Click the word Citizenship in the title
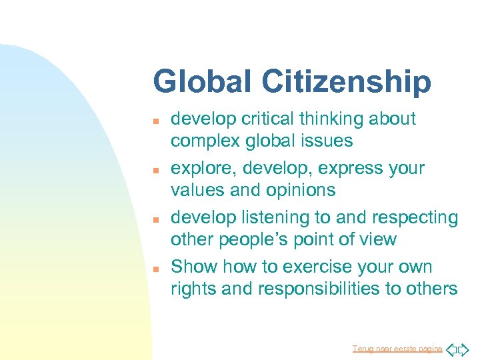(x=346, y=83)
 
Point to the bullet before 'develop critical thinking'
(x=156, y=121)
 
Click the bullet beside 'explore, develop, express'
(x=156, y=170)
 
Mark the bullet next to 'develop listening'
(x=156, y=219)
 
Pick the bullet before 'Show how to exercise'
(x=156, y=269)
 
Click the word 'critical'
(x=263, y=119)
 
